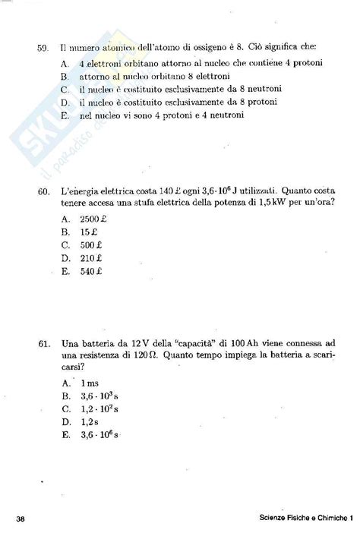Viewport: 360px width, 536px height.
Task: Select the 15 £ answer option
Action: [89, 231]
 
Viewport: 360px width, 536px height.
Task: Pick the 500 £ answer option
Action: [90, 244]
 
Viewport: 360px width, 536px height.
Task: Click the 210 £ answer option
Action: [90, 257]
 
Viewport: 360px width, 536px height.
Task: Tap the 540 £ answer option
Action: [90, 271]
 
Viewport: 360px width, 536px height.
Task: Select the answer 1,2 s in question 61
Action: [90, 421]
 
